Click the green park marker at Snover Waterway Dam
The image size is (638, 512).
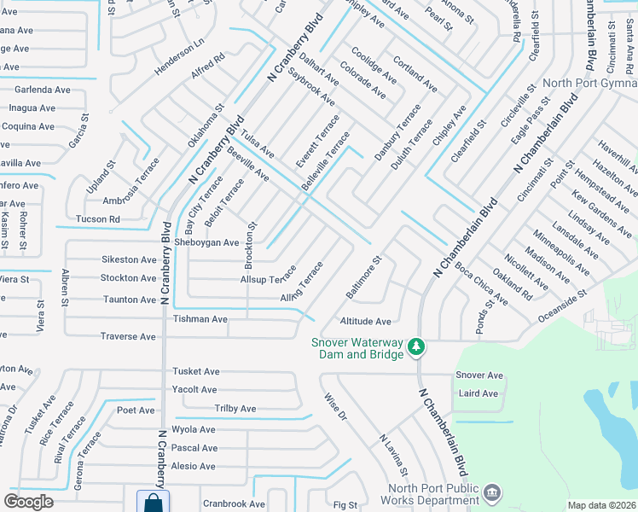415,346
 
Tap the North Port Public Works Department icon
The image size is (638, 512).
491,492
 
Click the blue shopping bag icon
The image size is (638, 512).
153,503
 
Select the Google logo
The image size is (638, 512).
29,502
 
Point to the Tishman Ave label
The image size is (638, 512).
200,319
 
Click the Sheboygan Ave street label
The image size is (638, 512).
206,242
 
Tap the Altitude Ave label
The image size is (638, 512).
365,322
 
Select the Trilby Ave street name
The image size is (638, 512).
235,409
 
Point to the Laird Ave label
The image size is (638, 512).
478,393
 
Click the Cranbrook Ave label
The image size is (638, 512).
234,504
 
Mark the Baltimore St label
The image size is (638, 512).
362,276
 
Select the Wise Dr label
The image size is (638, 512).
336,406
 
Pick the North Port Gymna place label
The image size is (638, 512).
590,83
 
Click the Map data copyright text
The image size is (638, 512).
600,505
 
